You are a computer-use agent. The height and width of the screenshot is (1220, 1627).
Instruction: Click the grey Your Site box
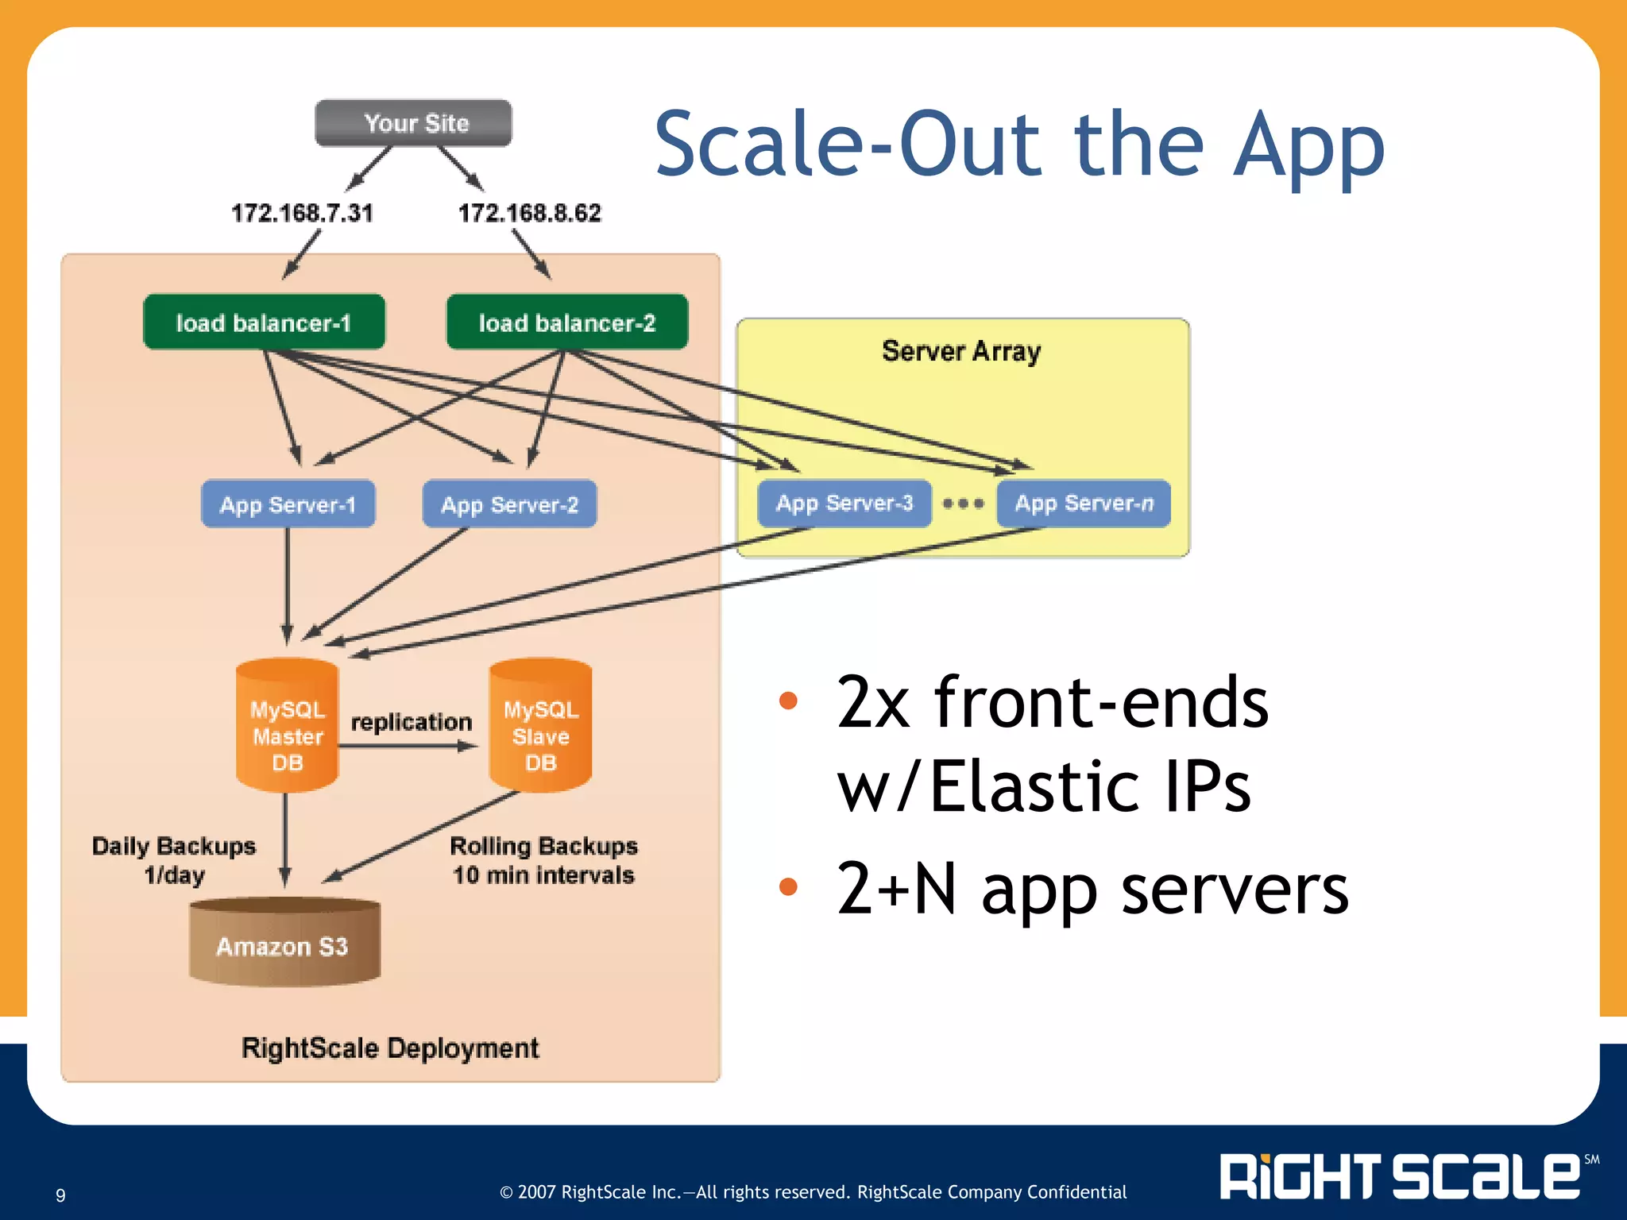(x=413, y=123)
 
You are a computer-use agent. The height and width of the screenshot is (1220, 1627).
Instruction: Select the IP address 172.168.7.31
(x=302, y=213)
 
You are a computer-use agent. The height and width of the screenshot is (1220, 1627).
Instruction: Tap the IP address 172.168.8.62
(x=530, y=213)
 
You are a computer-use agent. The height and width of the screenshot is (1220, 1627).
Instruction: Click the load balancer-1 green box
(x=264, y=322)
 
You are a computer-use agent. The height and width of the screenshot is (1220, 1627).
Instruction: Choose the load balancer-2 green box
(x=567, y=322)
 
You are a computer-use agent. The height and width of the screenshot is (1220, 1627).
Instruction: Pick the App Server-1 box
(x=288, y=504)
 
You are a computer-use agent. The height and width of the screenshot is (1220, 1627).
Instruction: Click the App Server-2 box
(x=509, y=504)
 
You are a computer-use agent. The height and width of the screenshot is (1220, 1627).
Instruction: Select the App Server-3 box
(x=844, y=504)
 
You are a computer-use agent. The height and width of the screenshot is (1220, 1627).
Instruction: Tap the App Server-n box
(x=1084, y=504)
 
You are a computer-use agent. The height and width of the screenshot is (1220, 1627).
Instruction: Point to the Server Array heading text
(x=961, y=351)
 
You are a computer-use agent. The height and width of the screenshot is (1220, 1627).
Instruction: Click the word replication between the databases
(x=412, y=722)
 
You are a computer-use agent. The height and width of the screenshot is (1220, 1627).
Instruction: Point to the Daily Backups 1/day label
(x=174, y=860)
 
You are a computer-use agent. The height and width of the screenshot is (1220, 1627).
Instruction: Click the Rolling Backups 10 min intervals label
(x=544, y=860)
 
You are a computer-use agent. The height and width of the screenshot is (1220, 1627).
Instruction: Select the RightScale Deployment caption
(x=390, y=1048)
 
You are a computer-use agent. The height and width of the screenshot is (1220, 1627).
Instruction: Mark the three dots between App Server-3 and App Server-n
(x=964, y=504)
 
